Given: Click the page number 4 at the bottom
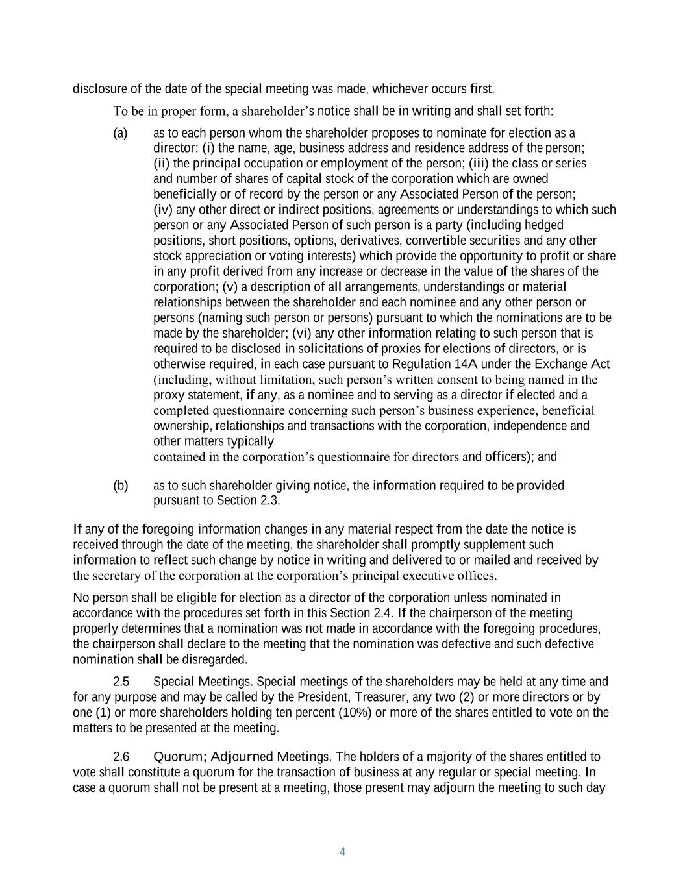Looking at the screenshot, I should (x=342, y=852).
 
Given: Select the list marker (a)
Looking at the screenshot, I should (x=120, y=134).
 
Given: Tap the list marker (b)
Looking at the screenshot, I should (x=121, y=486).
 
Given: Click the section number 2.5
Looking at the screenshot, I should (x=121, y=682).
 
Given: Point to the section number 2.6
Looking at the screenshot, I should (x=121, y=757).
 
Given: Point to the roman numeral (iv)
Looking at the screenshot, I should (x=163, y=210).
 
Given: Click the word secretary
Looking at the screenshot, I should (x=115, y=576).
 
